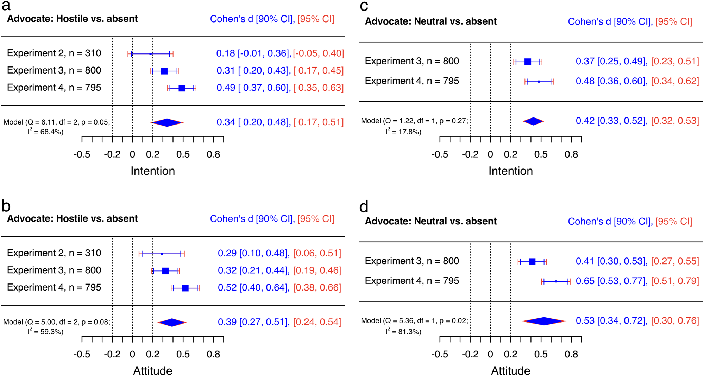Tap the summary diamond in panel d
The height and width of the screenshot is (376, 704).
tap(544, 321)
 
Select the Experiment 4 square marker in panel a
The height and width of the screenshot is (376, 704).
tap(182, 88)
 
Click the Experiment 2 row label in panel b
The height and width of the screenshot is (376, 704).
tap(54, 253)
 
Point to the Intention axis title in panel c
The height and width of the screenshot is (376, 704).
tap(510, 171)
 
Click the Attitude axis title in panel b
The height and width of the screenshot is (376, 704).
tap(152, 370)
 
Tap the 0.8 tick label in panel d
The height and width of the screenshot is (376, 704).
tap(571, 354)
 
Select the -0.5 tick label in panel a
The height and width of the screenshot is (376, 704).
tap(82, 154)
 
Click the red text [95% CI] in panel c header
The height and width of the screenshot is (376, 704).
tap(673, 22)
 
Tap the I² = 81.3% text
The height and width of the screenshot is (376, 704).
tap(403, 331)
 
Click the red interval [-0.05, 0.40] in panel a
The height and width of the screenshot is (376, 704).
tap(318, 53)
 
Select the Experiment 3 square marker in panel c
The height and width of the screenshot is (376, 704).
tap(527, 62)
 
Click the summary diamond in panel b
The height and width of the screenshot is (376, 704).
tap(172, 322)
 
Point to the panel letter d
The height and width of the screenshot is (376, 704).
tap(364, 207)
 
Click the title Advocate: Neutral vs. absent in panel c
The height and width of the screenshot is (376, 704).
tap(430, 21)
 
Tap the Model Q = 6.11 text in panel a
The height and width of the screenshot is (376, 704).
tap(57, 122)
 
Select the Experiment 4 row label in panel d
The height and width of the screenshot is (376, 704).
tap(411, 281)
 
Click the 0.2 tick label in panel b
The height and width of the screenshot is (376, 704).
tap(152, 354)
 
